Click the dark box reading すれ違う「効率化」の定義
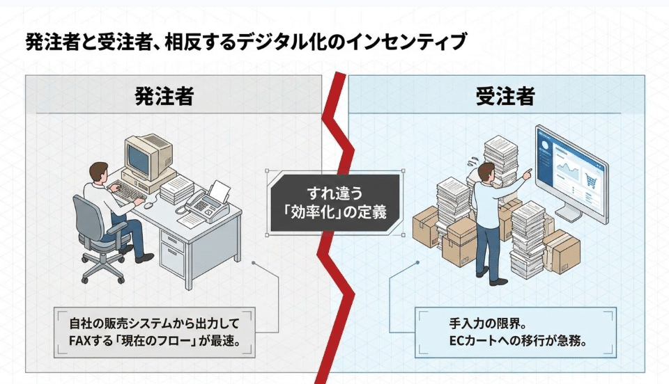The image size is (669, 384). [334, 202]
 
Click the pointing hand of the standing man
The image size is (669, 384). [528, 171]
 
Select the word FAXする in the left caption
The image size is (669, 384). [91, 341]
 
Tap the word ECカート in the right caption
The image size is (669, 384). [476, 341]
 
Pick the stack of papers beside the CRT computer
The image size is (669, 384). [176, 186]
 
